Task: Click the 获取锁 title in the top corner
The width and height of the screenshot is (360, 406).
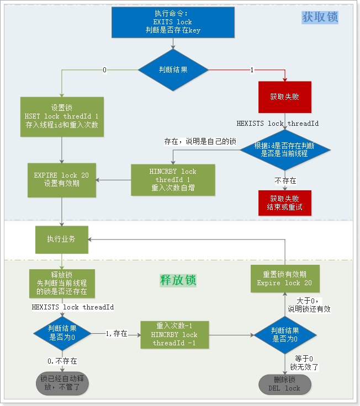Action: click(320, 17)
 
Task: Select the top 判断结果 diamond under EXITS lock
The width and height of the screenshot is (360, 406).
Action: click(173, 70)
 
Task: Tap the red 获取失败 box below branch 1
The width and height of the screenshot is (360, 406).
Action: click(285, 97)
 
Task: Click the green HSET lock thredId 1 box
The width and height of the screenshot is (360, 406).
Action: click(62, 116)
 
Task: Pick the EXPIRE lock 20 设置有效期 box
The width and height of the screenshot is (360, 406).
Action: click(62, 179)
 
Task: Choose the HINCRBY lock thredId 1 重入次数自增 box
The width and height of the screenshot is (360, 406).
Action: click(172, 179)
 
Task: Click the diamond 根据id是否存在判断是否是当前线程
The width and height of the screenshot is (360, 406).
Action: click(285, 149)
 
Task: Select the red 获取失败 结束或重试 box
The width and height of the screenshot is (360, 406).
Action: click(285, 203)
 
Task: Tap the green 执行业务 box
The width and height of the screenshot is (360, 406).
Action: click(62, 238)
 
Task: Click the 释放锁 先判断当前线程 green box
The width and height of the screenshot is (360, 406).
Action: click(62, 283)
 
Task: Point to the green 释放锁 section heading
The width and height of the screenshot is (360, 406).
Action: click(178, 280)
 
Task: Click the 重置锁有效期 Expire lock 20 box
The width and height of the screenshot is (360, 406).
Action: click(284, 279)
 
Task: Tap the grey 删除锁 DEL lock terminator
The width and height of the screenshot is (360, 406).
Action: click(284, 384)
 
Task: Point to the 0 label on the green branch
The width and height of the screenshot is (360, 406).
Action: click(105, 70)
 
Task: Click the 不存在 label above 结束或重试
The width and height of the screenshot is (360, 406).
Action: click(285, 180)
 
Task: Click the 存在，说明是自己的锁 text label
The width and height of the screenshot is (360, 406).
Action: click(200, 142)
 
